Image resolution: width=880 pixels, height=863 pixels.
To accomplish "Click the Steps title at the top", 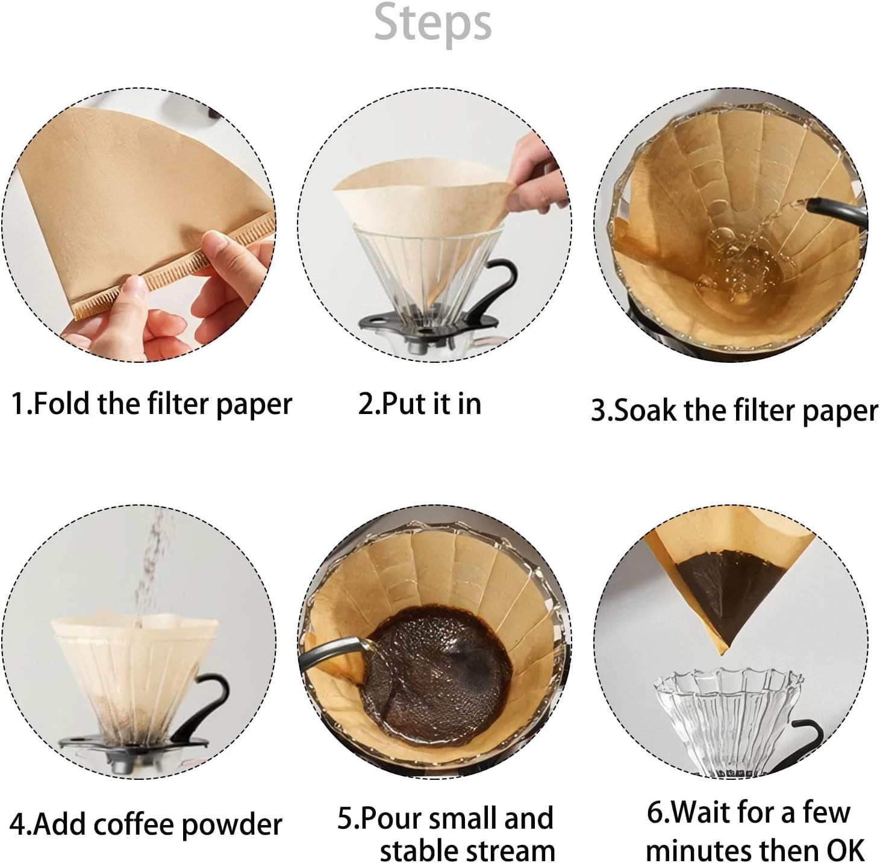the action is [432, 24].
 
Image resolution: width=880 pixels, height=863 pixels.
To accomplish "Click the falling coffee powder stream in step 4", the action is [149, 571].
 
